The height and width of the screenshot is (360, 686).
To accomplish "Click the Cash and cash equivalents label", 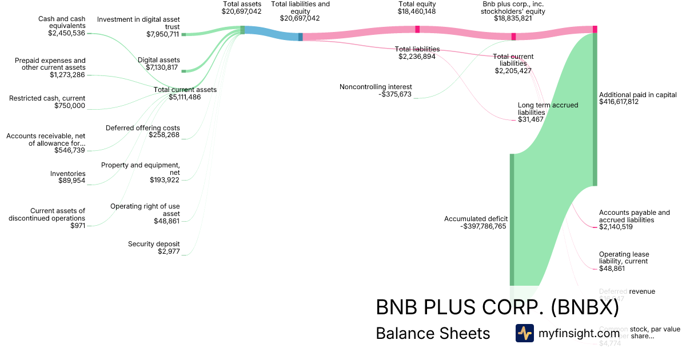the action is (x=62, y=22).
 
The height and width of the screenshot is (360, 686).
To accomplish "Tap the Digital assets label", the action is (x=159, y=60).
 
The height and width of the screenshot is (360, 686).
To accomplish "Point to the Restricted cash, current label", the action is (x=47, y=98).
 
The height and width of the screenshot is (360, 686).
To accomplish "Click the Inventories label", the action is (x=67, y=174).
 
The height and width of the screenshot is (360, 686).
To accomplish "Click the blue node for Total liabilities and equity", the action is (x=300, y=37).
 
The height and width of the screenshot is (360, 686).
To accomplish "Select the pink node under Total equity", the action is (x=417, y=29).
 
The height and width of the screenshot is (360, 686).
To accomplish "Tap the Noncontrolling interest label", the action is (x=376, y=87).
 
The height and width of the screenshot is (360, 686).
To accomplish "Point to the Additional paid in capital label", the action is (x=638, y=95).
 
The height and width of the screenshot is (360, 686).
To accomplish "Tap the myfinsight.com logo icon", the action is (x=524, y=333).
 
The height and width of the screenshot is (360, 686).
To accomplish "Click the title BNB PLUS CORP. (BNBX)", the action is (x=497, y=307).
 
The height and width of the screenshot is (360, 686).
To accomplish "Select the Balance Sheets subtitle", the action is (x=433, y=333).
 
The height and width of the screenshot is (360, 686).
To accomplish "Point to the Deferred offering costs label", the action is (x=143, y=128).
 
